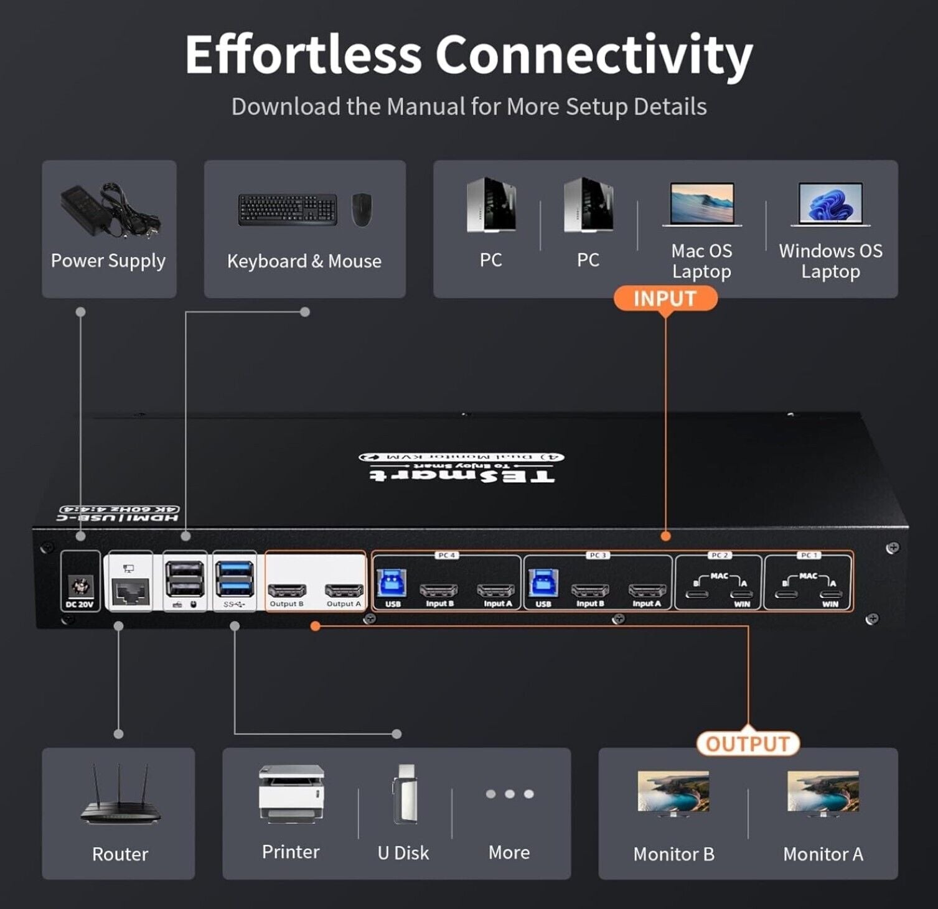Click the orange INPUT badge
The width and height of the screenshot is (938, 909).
(x=665, y=299)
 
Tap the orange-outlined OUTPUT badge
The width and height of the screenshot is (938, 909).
(x=748, y=744)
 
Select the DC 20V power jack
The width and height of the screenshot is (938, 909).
(x=80, y=586)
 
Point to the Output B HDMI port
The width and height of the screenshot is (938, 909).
(x=286, y=590)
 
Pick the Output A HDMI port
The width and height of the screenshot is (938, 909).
(x=344, y=590)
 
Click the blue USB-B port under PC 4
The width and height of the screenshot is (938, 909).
(x=392, y=584)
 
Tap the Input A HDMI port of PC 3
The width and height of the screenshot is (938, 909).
(x=647, y=590)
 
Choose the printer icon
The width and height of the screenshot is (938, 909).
(x=291, y=794)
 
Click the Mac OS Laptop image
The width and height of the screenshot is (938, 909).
(x=701, y=204)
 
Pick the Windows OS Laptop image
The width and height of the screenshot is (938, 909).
(x=830, y=204)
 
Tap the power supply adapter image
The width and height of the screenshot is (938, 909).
(x=109, y=210)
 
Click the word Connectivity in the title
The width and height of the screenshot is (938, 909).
(x=594, y=55)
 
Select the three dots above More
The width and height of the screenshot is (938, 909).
(x=510, y=794)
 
